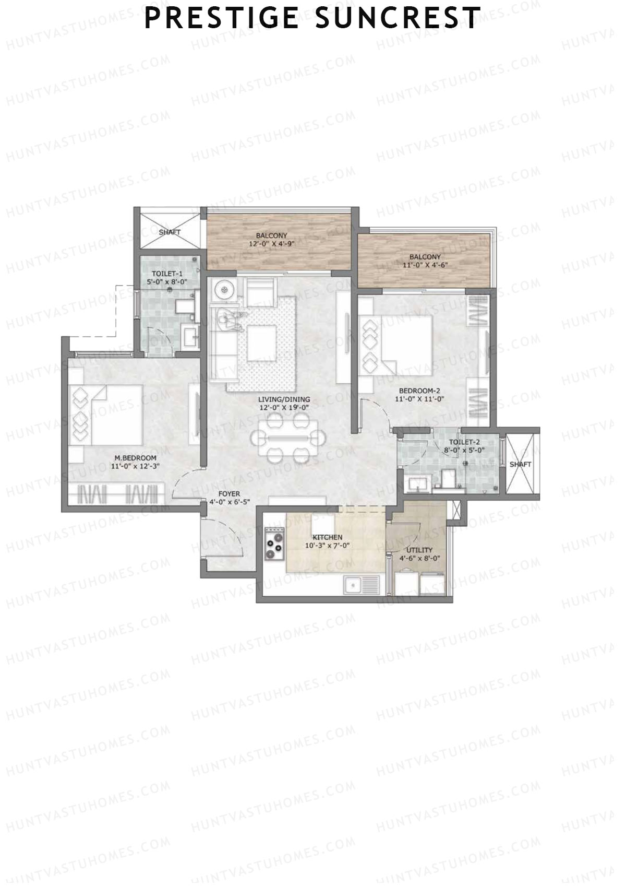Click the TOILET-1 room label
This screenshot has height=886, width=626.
point(167,274)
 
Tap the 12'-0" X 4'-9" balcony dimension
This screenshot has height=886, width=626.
point(271,243)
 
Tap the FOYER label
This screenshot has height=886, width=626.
point(229,494)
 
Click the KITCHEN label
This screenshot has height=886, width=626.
point(327,537)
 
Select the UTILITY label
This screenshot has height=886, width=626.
point(419,550)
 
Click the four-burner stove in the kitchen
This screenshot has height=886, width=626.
point(274,544)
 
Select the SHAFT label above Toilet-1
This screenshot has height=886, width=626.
point(170,232)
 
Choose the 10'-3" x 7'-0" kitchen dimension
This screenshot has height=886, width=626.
point(327,546)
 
